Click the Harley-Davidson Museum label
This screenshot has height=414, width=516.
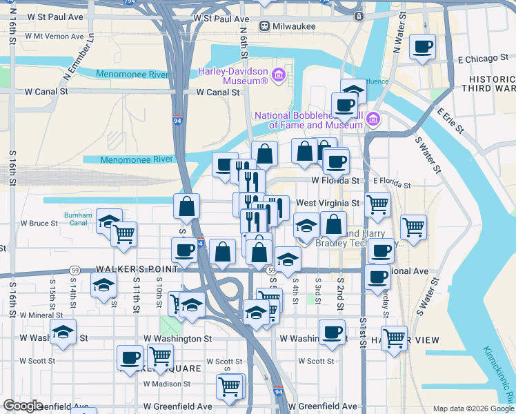point(232,76)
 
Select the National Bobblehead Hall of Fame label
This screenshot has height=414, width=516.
point(308,120)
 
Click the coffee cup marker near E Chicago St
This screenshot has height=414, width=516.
point(422,48)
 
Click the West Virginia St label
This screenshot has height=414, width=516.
point(328,204)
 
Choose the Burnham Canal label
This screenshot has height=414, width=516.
point(77,219)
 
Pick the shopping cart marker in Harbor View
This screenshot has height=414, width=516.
point(394,339)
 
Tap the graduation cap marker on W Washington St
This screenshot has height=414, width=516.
point(63,334)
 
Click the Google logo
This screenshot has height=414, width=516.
point(23,406)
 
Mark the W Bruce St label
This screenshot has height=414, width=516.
point(39,224)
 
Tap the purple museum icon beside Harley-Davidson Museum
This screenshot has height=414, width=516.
point(279,75)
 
